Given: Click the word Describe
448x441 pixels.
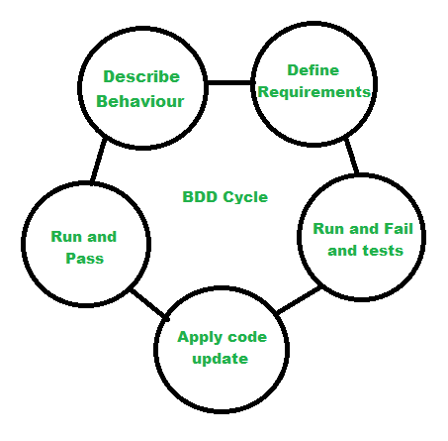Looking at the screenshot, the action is point(141,76).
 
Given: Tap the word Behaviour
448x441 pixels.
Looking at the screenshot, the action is point(140,101).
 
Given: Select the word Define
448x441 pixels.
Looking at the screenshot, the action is point(314,70).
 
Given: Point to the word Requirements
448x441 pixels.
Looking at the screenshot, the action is point(314,92).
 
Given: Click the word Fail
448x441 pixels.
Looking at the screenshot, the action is point(399,229).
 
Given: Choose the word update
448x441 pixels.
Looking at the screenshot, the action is point(221,359).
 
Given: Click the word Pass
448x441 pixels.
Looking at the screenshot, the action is point(85,259).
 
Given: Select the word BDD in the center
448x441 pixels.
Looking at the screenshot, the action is point(200,197).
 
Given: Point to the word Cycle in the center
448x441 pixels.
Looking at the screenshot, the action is point(245,197).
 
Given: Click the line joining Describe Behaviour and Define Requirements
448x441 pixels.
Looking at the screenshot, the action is point(229,82).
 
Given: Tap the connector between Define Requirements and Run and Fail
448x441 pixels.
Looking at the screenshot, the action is point(351,156).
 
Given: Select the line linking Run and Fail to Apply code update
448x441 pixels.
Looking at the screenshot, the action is point(299,300).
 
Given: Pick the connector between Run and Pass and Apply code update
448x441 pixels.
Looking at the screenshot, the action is point(149,304).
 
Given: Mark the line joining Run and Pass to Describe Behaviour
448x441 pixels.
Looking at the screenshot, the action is point(99,161).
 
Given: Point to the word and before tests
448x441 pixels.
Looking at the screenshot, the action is point(342,251).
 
